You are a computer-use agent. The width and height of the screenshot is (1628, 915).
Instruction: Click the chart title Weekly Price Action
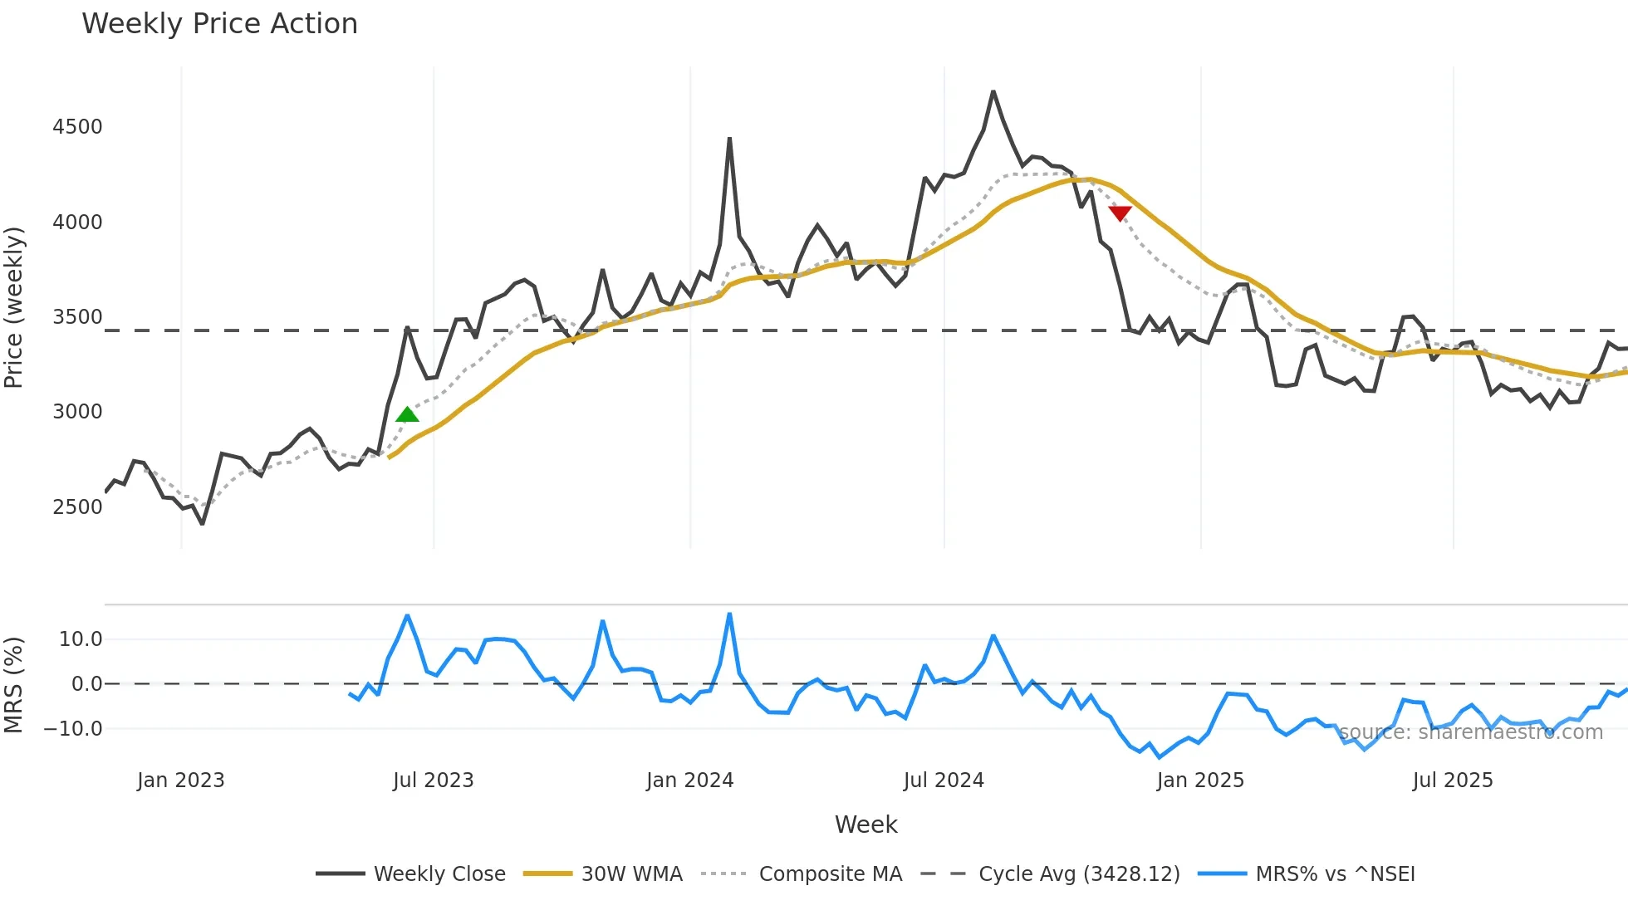[x=219, y=24]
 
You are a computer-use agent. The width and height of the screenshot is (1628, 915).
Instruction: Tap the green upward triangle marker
[x=407, y=415]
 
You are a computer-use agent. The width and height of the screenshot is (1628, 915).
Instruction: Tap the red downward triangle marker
[x=1120, y=213]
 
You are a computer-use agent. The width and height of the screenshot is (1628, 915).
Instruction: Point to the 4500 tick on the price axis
[x=77, y=127]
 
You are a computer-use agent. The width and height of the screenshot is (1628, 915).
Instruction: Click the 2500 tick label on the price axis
[x=77, y=507]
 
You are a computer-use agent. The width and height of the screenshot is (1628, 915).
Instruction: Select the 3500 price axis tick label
[x=77, y=317]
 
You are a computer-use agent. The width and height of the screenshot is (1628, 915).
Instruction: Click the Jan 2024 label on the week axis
[x=689, y=780]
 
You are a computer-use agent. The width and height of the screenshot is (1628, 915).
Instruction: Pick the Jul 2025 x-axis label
[x=1452, y=780]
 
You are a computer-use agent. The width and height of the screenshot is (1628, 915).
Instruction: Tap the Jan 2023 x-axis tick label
[x=180, y=780]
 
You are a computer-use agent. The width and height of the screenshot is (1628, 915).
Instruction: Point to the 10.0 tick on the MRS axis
[x=81, y=639]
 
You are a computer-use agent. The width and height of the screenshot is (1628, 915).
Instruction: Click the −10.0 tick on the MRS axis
[x=73, y=729]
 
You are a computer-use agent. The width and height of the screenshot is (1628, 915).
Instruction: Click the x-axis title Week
[x=865, y=824]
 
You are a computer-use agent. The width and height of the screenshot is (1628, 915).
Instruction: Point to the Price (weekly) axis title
[x=13, y=307]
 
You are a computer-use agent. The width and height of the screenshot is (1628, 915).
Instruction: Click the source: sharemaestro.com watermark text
[x=1470, y=732]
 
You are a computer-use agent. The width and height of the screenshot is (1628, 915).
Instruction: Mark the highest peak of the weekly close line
[x=993, y=91]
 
